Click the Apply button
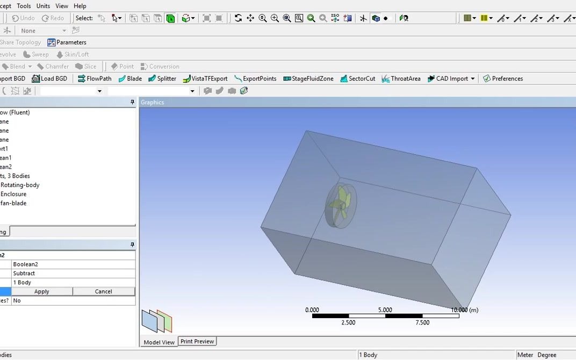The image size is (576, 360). point(41,291)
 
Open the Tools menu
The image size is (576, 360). point(24,6)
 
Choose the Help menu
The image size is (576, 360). point(80,6)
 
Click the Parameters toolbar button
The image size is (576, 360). point(67,42)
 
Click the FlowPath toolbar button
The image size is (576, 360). point(95,78)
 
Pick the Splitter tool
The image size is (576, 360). point(162,78)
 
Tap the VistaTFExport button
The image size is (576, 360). point(205,78)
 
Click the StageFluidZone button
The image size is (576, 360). point(308,78)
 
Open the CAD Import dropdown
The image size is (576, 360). point(473,78)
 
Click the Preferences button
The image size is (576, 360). point(503,78)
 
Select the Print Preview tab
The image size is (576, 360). point(197,342)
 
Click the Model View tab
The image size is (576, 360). point(159,342)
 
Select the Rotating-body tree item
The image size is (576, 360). point(20,185)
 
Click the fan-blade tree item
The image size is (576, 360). point(13,203)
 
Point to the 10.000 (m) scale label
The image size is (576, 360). point(464,310)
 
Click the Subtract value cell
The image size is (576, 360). point(24,273)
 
